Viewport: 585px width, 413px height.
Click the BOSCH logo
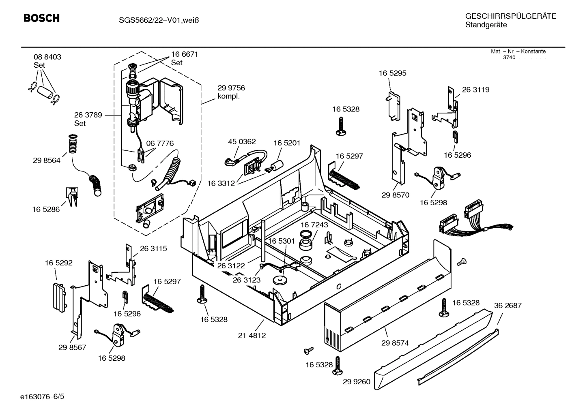pos(41,18)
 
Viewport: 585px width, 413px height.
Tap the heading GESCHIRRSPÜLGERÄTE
pos(510,16)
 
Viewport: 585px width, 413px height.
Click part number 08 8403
pos(47,57)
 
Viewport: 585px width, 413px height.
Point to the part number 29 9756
pos(231,88)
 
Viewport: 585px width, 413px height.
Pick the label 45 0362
pos(242,142)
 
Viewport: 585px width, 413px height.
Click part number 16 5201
pos(287,143)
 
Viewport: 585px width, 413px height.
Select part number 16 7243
pos(314,225)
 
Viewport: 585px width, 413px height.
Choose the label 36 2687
pos(508,305)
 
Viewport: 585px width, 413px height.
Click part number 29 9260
pos(356,381)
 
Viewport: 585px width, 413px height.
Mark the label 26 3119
pos(475,90)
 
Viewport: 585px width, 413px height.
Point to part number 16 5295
pos(392,73)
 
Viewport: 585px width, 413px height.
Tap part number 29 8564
pos(47,160)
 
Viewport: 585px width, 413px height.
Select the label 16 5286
pos(46,209)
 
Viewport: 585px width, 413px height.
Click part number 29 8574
pos(395,343)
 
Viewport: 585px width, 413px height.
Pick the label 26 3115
pos(153,248)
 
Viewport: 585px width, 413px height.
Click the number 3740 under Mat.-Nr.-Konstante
pos(509,58)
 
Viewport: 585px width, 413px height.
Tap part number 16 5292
pos(59,263)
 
